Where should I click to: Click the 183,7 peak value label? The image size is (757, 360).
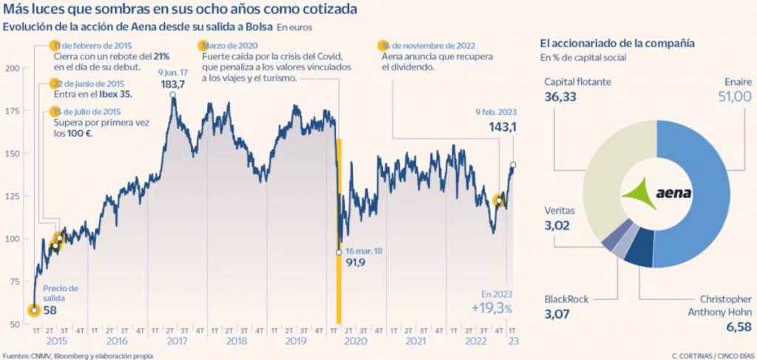pyautogui.click(x=173, y=84)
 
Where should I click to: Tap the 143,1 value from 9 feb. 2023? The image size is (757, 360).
pyautogui.click(x=500, y=126)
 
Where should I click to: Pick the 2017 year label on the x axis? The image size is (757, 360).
pyautogui.click(x=176, y=342)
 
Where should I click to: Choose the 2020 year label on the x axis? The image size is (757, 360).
pyautogui.click(x=356, y=342)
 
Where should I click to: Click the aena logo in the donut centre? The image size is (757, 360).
pyautogui.click(x=656, y=194)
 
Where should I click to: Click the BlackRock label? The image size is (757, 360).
pyautogui.click(x=566, y=299)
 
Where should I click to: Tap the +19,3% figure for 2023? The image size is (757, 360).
pyautogui.click(x=492, y=308)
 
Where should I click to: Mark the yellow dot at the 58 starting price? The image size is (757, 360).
pyautogui.click(x=33, y=310)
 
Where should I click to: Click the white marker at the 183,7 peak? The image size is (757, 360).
pyautogui.click(x=172, y=94)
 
